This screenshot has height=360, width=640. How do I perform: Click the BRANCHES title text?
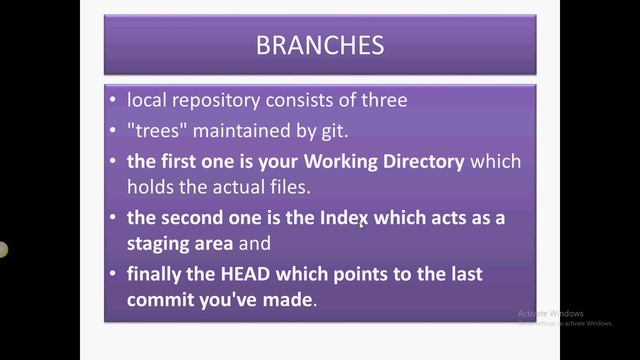tap(320, 46)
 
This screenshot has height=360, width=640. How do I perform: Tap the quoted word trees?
tap(160, 131)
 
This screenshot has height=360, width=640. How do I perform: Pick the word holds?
tap(151, 187)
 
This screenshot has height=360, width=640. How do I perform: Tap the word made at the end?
tap(291, 299)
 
